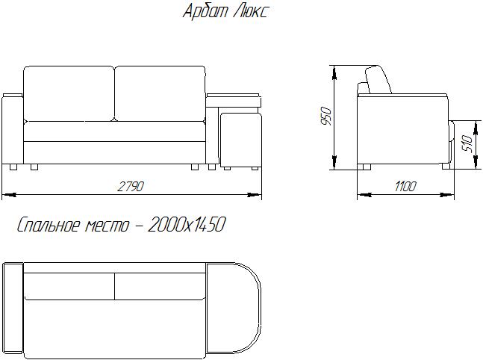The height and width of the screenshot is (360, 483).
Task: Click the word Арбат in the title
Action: tap(205, 12)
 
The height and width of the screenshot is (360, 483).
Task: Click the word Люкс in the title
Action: tap(250, 12)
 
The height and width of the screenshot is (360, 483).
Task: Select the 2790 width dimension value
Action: tap(131, 187)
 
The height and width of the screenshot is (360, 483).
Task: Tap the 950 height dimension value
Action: tap(326, 117)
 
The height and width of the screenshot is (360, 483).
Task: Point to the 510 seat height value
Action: tap(467, 143)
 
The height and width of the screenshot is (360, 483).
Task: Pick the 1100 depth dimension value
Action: tap(405, 187)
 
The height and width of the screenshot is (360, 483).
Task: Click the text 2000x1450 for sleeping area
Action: tap(187, 224)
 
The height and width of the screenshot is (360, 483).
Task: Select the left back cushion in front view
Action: tap(69, 93)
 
